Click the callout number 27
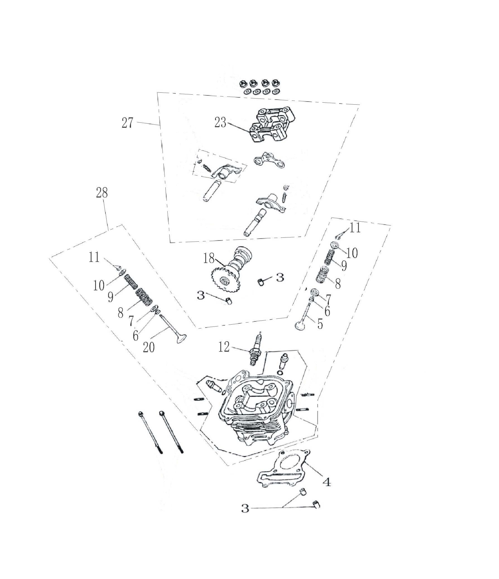127,123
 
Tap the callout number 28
102,193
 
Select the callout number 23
220,123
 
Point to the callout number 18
209,258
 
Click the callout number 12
224,347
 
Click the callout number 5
320,324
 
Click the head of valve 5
301,326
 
